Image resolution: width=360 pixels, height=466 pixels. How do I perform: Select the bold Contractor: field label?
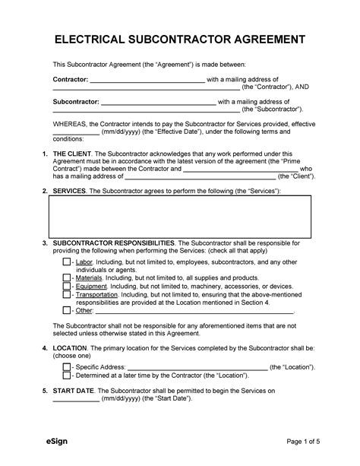[70, 79]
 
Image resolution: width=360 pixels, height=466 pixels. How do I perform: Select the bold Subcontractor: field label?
[75, 101]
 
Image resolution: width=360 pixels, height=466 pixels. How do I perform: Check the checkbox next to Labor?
[67, 262]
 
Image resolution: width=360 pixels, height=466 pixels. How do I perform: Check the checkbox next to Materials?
[67, 277]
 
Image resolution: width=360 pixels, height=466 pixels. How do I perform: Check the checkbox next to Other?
[67, 310]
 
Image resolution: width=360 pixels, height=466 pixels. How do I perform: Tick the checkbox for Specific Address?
[67, 366]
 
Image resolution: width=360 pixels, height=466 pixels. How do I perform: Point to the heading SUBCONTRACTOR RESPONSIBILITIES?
[114, 243]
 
